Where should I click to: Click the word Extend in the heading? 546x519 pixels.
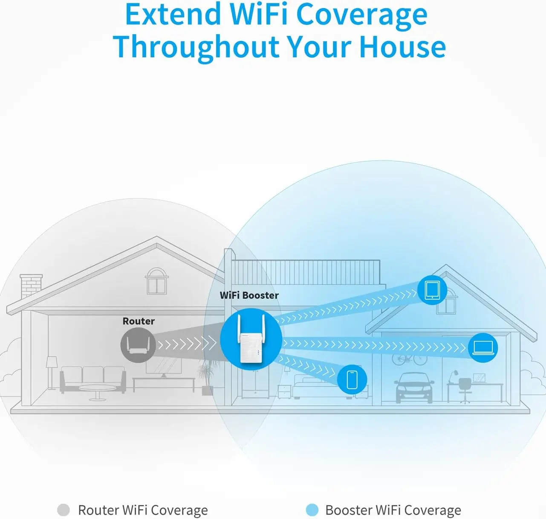click(x=173, y=15)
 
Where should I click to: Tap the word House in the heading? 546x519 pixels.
click(x=403, y=46)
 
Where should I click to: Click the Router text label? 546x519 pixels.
click(x=139, y=321)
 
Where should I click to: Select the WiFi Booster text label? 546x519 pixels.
click(x=249, y=295)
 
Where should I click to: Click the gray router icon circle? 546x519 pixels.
click(x=138, y=345)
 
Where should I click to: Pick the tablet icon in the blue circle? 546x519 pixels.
click(x=432, y=290)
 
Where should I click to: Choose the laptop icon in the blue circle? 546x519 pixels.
click(x=483, y=348)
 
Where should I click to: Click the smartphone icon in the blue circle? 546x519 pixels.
click(x=352, y=379)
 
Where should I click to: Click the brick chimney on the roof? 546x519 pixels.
click(x=31, y=286)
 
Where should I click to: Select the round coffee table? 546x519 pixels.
click(x=97, y=392)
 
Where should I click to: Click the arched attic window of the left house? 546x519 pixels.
click(x=156, y=281)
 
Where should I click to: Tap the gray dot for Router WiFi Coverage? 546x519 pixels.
click(x=64, y=510)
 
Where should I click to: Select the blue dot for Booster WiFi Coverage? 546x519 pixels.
click(x=312, y=510)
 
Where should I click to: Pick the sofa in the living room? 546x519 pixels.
click(x=93, y=379)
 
